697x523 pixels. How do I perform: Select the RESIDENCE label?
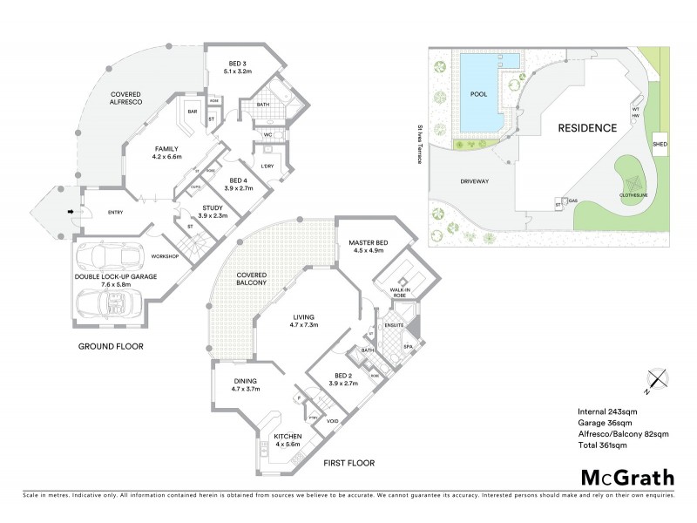point(588,127)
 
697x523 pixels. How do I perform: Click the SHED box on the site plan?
point(660,142)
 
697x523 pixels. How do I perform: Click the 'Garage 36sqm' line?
point(608,422)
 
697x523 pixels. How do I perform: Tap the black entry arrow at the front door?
point(71,211)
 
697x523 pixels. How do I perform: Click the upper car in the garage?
point(110,257)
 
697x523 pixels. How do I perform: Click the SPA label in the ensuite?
point(408,347)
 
